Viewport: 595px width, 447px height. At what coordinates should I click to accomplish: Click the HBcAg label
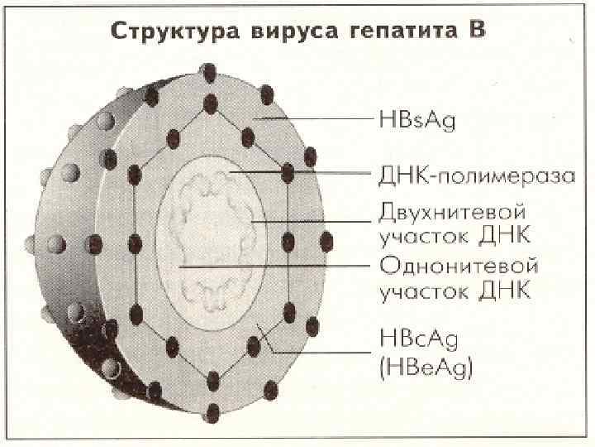click(421, 340)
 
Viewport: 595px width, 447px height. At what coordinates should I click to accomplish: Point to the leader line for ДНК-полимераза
click(306, 173)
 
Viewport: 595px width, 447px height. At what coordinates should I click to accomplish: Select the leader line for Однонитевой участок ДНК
click(273, 267)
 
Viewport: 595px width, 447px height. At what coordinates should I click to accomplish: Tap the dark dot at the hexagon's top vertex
click(211, 103)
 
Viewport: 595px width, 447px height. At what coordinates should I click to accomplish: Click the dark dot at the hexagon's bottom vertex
click(212, 380)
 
